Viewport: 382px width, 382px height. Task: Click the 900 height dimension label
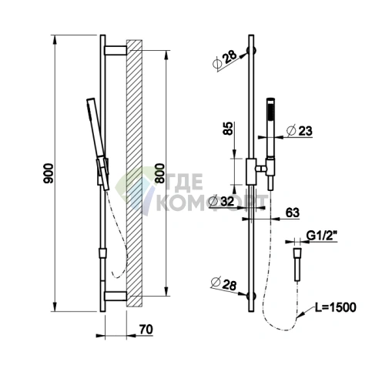click(48, 173)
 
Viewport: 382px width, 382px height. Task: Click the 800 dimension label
click(159, 173)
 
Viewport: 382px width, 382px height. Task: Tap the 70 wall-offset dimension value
click(146, 329)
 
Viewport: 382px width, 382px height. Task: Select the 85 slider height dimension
click(228, 129)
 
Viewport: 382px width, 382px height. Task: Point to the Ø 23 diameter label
click(300, 131)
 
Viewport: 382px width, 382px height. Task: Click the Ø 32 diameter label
click(222, 201)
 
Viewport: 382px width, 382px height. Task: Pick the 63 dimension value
click(292, 213)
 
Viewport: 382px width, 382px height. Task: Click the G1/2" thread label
click(322, 236)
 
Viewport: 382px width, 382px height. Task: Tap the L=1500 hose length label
click(336, 307)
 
